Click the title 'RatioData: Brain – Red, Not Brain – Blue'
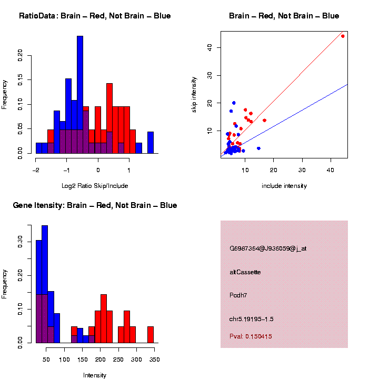click(95, 16)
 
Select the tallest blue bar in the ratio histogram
click(80, 95)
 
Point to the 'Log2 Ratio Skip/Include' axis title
click(95, 186)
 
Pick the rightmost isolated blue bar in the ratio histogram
click(151, 142)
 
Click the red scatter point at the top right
click(343, 36)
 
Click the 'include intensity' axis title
click(284, 186)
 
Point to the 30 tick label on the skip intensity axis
click(210, 75)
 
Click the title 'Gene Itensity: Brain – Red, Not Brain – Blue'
click(95, 205)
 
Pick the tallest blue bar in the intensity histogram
click(45, 284)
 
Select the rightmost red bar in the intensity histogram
click(151, 335)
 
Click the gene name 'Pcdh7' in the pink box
click(238, 295)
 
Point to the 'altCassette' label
click(245, 272)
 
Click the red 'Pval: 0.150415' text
click(251, 336)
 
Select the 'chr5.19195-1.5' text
click(252, 319)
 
